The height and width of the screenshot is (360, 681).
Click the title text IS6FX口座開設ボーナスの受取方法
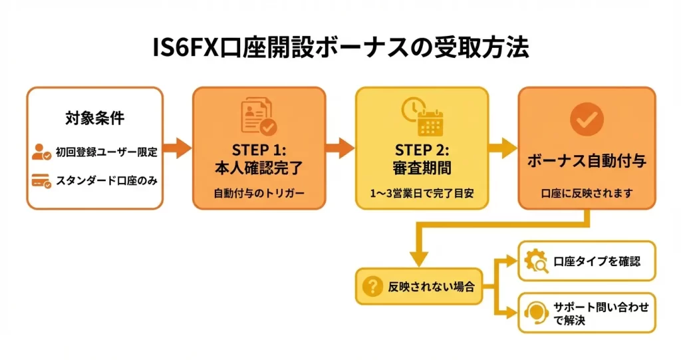point(340,47)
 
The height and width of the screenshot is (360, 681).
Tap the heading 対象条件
point(95,118)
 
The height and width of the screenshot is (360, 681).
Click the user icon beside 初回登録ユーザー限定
point(41,152)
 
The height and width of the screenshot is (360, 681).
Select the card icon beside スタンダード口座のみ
point(41,181)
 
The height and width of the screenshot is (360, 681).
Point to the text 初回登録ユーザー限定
point(106,152)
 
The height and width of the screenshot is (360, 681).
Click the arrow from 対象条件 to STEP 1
point(177,148)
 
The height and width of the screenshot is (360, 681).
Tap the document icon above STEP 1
point(259,116)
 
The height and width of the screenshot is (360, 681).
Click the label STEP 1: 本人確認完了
point(259,159)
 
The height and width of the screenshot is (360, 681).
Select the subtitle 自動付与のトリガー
point(259,193)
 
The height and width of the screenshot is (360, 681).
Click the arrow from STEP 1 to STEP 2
point(340,148)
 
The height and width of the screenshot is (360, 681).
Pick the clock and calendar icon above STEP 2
point(422,116)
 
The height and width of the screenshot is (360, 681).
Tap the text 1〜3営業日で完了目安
point(422,193)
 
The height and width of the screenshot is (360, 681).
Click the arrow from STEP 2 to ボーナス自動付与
point(503,148)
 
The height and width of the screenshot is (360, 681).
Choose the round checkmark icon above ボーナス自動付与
point(587,119)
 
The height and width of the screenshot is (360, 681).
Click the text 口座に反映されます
point(587,193)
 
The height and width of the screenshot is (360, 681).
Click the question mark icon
point(372,287)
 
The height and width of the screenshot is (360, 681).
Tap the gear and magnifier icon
point(536,261)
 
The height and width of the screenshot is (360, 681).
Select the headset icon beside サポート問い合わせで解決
point(536,313)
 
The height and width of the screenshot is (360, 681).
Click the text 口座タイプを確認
point(597,262)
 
